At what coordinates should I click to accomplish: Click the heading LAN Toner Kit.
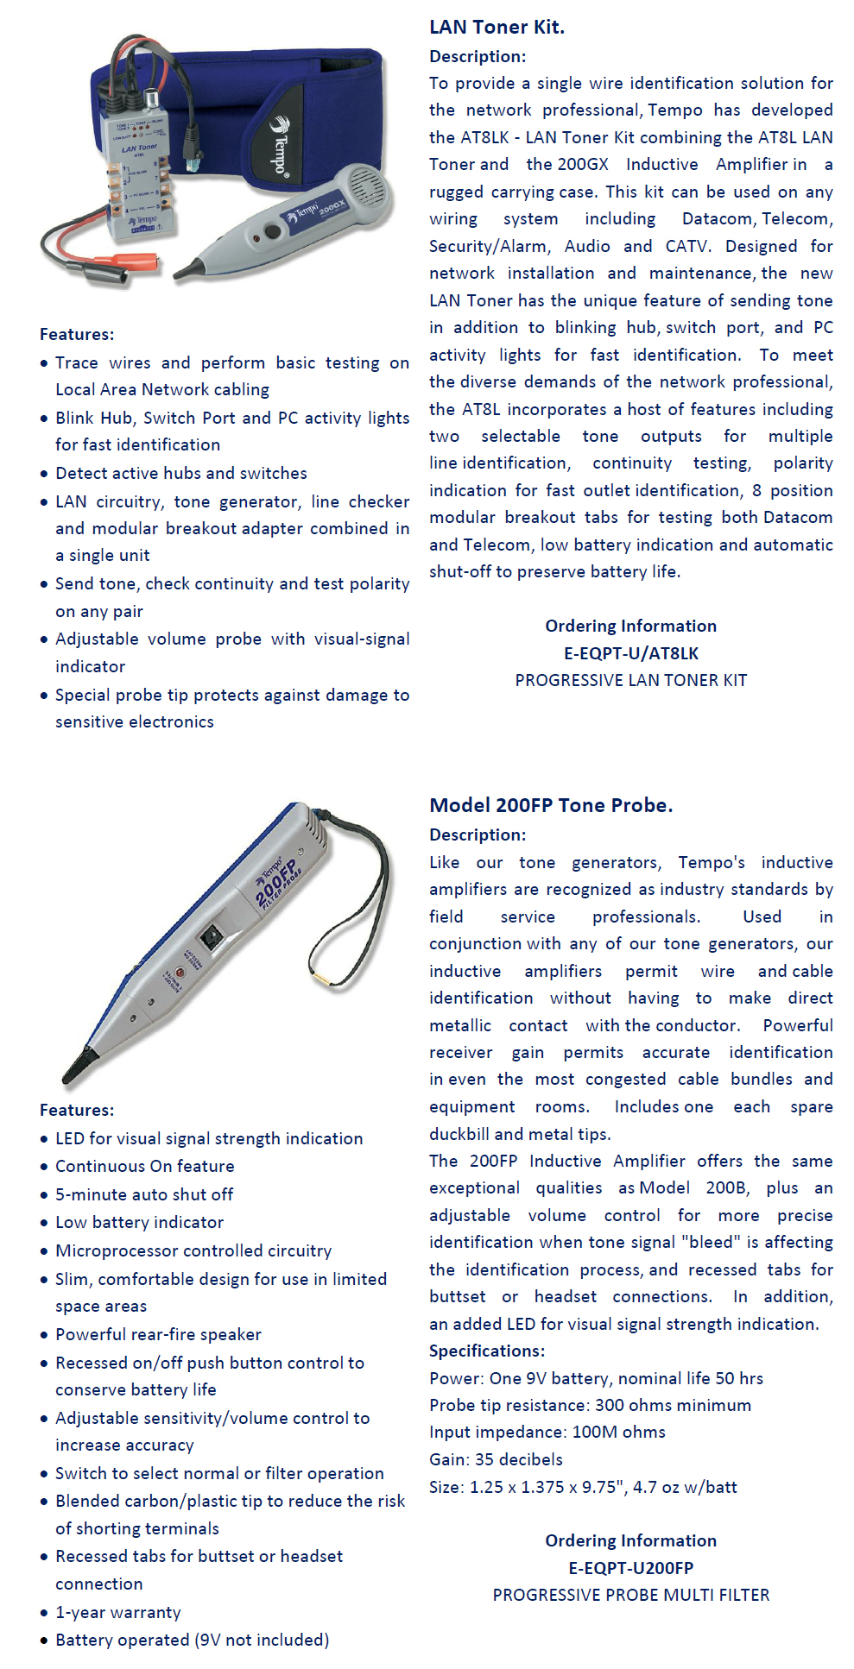pos(497,28)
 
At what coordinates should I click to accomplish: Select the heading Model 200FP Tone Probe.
pos(551,805)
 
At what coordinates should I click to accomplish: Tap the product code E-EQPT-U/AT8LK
pos(630,653)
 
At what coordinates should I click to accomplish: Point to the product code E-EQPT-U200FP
pos(630,1567)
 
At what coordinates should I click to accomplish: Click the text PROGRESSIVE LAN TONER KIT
pos(630,680)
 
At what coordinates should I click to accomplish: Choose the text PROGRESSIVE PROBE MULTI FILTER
pos(630,1595)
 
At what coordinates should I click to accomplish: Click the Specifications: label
pos(487,1351)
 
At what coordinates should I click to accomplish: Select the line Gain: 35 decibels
pos(496,1459)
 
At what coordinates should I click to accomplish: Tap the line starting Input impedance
pos(547,1432)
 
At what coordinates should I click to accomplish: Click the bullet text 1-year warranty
pos(118,1612)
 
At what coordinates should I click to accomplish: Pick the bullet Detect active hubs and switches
pos(181,473)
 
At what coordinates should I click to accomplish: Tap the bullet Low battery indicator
pos(139,1222)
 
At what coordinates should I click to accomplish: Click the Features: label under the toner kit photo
pos(77,334)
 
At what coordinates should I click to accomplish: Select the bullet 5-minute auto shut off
pos(144,1194)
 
